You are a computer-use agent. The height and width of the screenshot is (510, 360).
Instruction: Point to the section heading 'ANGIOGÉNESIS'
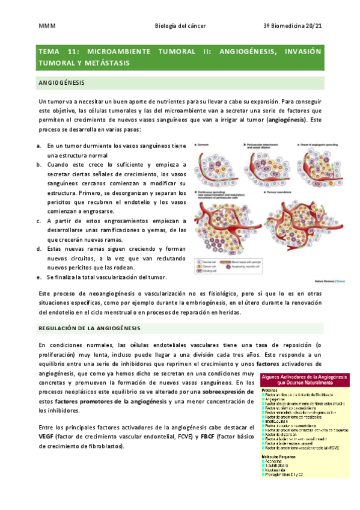click(x=61, y=82)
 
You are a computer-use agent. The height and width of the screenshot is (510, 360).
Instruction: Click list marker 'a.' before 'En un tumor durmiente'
click(x=39, y=146)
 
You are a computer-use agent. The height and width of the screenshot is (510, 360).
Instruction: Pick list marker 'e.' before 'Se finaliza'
click(x=39, y=277)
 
